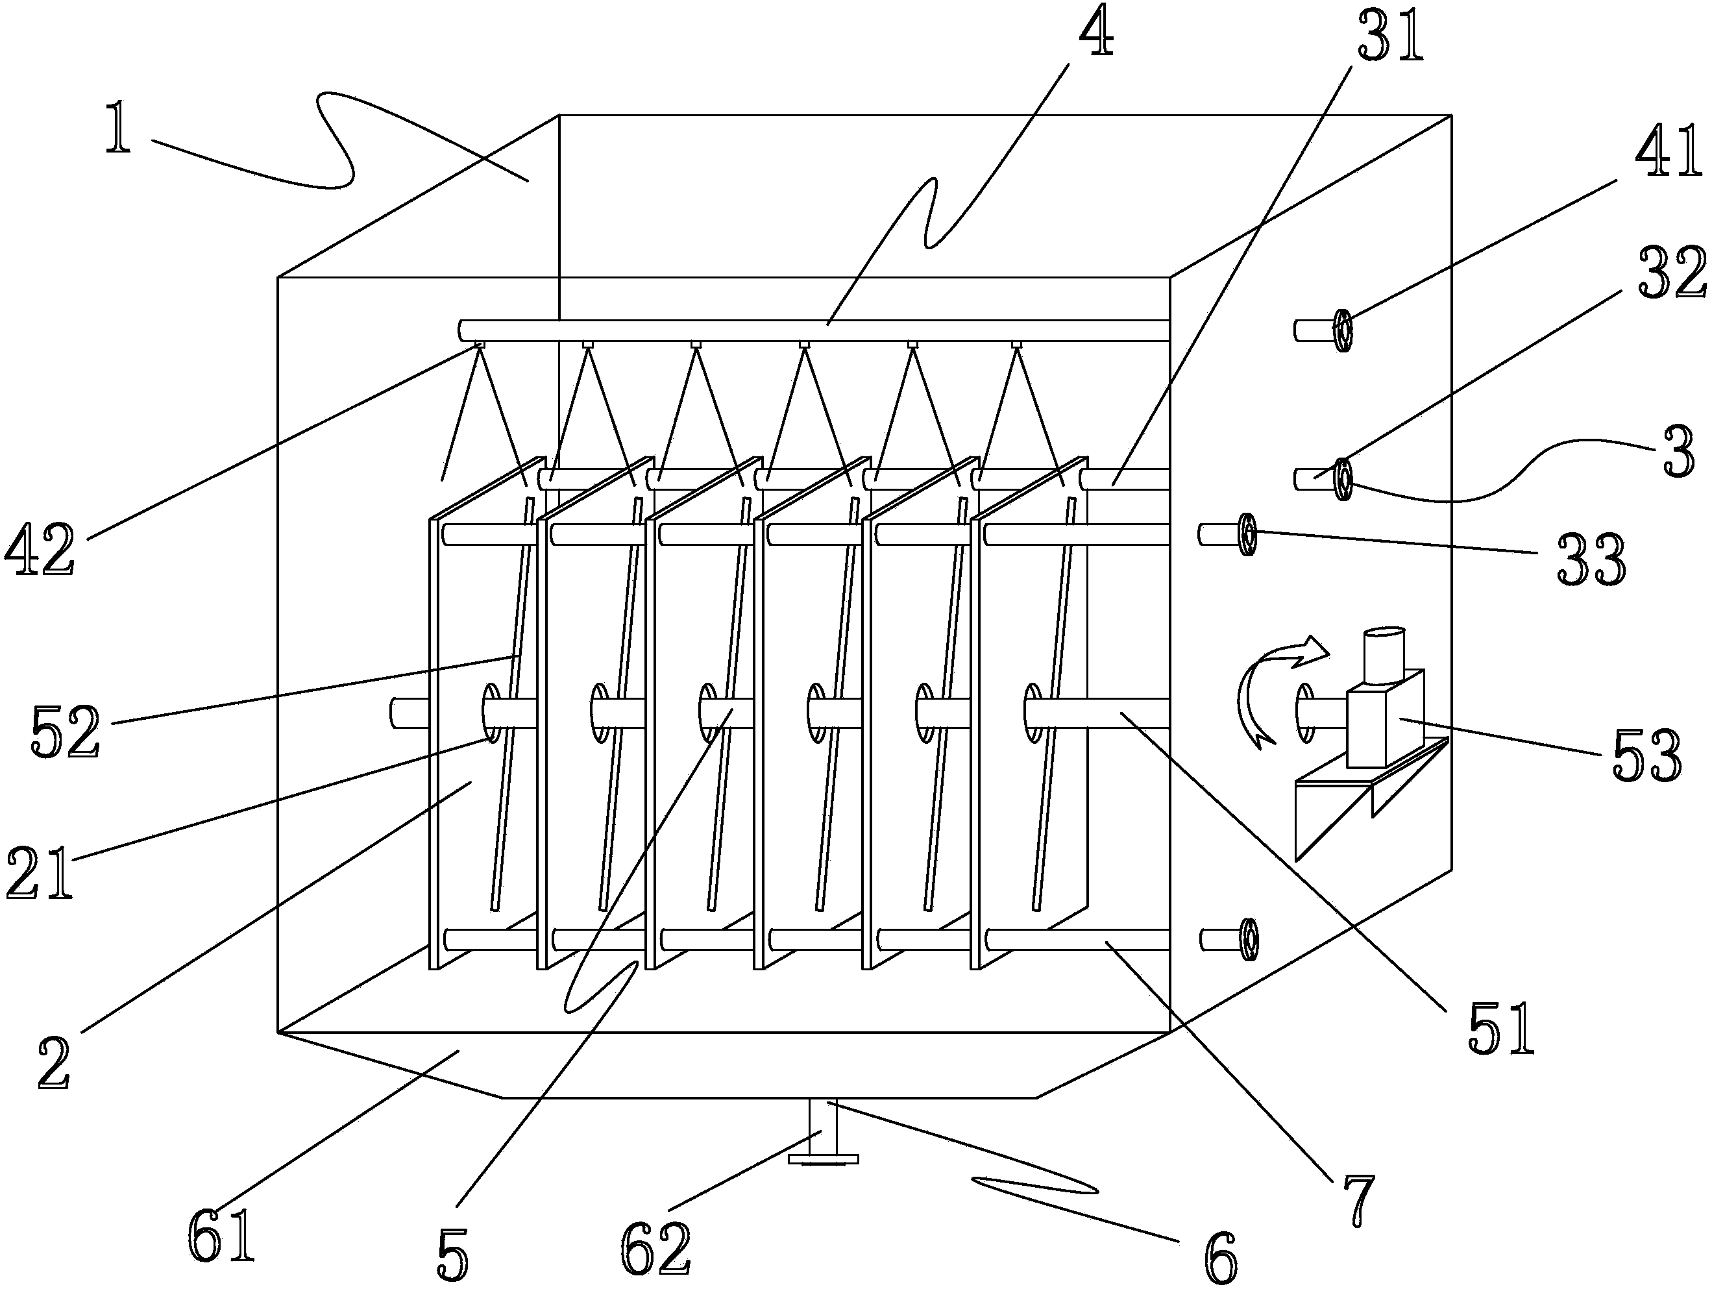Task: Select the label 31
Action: click(1390, 37)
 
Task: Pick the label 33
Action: click(1591, 559)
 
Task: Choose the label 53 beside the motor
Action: click(1646, 755)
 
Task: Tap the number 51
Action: click(1500, 1027)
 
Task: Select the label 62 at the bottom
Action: click(655, 1248)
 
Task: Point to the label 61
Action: click(221, 1236)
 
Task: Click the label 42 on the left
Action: click(40, 549)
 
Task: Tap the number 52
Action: click(66, 731)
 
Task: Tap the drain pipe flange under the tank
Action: click(823, 1159)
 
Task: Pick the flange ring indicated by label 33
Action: click(1246, 534)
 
